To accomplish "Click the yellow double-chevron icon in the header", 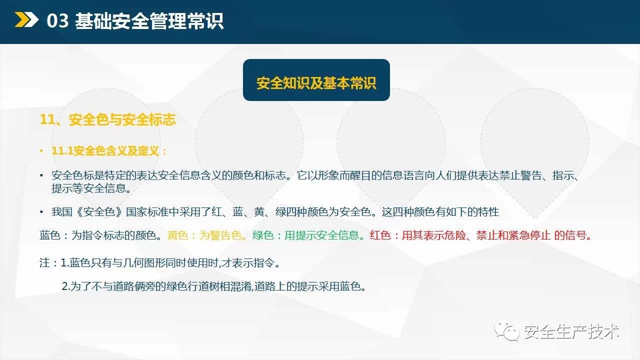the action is (26, 19).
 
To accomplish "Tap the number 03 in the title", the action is (57, 20).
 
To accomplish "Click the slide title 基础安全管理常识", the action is (149, 20).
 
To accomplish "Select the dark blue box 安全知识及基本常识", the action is (316, 80).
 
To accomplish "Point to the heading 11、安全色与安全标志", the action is (107, 119).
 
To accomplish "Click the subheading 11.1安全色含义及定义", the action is (105, 150).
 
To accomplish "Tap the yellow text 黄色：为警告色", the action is (204, 235).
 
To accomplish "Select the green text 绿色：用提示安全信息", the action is (305, 235).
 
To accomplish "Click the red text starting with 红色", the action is (480, 235).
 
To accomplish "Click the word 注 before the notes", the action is (45, 262).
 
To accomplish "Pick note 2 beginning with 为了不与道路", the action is (213, 286).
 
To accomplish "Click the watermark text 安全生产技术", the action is (571, 331).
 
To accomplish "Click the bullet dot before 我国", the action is (41, 211).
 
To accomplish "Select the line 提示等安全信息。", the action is (91, 188).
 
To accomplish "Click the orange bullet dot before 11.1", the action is (41, 150).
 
